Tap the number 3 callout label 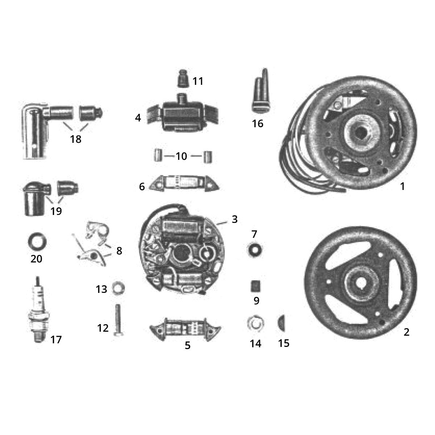pyautogui.click(x=235, y=219)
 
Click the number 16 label pyautogui.click(x=258, y=124)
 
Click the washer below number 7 pyautogui.click(x=254, y=250)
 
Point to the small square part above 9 pyautogui.click(x=256, y=287)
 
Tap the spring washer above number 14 pyautogui.click(x=255, y=323)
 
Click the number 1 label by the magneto pyautogui.click(x=402, y=186)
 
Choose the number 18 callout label pyautogui.click(x=76, y=139)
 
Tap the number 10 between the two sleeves pyautogui.click(x=181, y=156)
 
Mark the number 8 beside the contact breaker pyautogui.click(x=119, y=250)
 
